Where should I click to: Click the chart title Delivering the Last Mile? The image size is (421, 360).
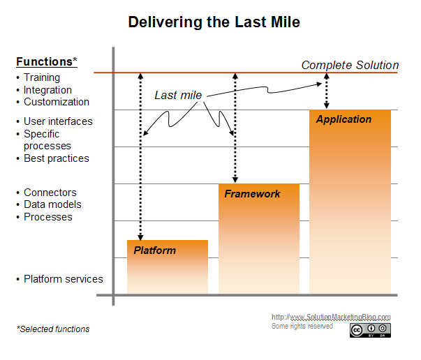pos(214,22)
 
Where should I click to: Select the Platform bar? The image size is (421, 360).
pos(167,267)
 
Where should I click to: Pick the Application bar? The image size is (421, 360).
pos(350,202)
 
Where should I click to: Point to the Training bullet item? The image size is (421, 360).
pos(42,77)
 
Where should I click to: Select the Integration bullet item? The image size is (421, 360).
pos(47,90)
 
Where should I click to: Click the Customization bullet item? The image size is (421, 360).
pos(56,102)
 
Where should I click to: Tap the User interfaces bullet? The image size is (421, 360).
pos(58,121)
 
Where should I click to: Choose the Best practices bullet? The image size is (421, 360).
pos(56,158)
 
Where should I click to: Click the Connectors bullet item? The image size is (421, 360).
pos(50,193)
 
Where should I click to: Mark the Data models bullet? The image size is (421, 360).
pos(52,204)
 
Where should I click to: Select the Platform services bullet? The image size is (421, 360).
pos(63,279)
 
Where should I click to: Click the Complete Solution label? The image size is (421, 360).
pos(350,66)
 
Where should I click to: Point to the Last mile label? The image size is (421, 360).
pos(178,95)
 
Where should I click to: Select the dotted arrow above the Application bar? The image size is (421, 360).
pos(327,91)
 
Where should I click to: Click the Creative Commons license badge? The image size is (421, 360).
pos(370,330)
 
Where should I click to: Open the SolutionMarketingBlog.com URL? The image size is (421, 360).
pos(330,317)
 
